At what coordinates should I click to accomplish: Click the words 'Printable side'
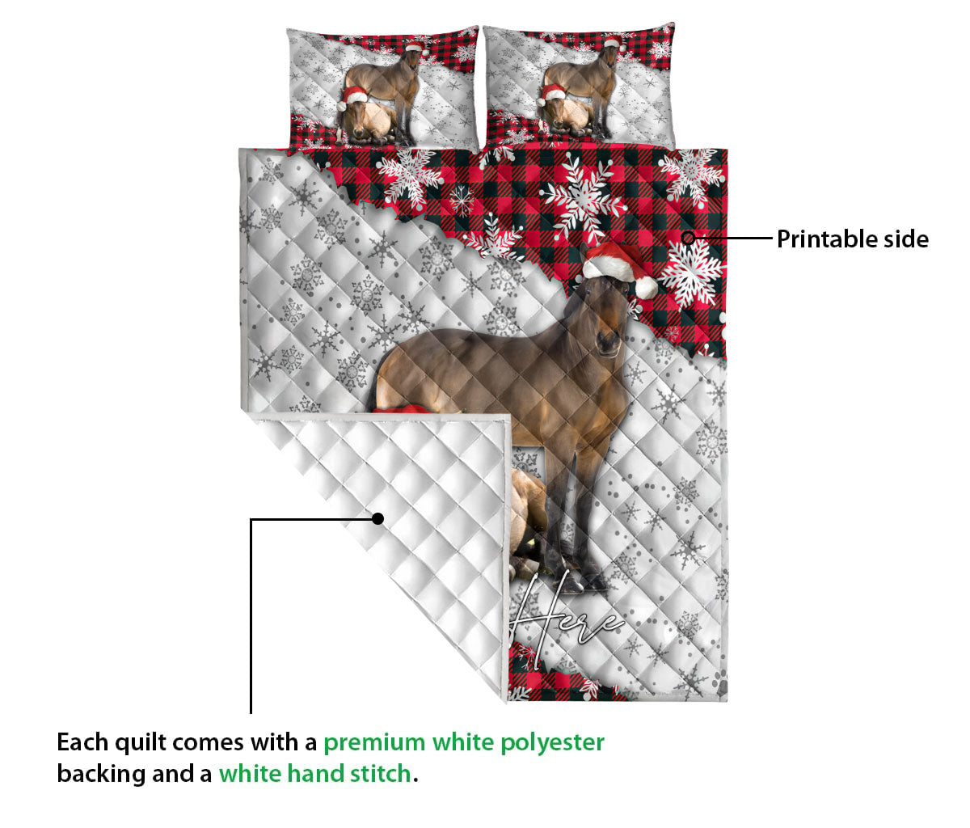(x=852, y=239)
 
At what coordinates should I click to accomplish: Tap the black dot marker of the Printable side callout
(x=688, y=238)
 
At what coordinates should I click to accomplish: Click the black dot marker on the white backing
(x=377, y=518)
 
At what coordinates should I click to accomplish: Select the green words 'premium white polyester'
(x=463, y=741)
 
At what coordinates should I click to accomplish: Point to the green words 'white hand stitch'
(x=314, y=774)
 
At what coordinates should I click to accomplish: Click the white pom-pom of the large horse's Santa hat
(x=646, y=287)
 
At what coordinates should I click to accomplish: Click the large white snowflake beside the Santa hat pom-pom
(x=692, y=271)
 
